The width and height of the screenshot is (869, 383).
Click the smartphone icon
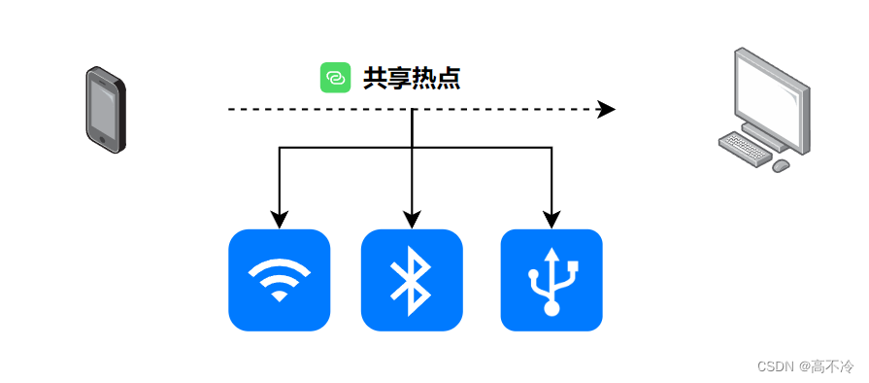[105, 108]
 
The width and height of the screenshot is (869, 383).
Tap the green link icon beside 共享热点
[335, 78]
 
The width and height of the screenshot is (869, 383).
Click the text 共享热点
[411, 79]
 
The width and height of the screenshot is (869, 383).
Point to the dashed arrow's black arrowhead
[607, 109]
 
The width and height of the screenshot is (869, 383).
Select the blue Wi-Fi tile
[279, 280]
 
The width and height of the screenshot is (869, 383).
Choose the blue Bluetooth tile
[412, 280]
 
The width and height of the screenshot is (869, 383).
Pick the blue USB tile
[551, 280]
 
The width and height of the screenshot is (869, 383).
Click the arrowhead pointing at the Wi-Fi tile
[280, 219]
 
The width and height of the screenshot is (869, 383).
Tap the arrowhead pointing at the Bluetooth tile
[412, 219]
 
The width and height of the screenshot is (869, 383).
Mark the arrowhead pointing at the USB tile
[551, 219]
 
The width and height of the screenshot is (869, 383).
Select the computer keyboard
[749, 148]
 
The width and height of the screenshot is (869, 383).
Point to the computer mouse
[780, 166]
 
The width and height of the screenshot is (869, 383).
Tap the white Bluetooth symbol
[412, 280]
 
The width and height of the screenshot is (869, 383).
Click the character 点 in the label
[448, 79]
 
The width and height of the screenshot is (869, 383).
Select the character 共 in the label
[375, 79]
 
